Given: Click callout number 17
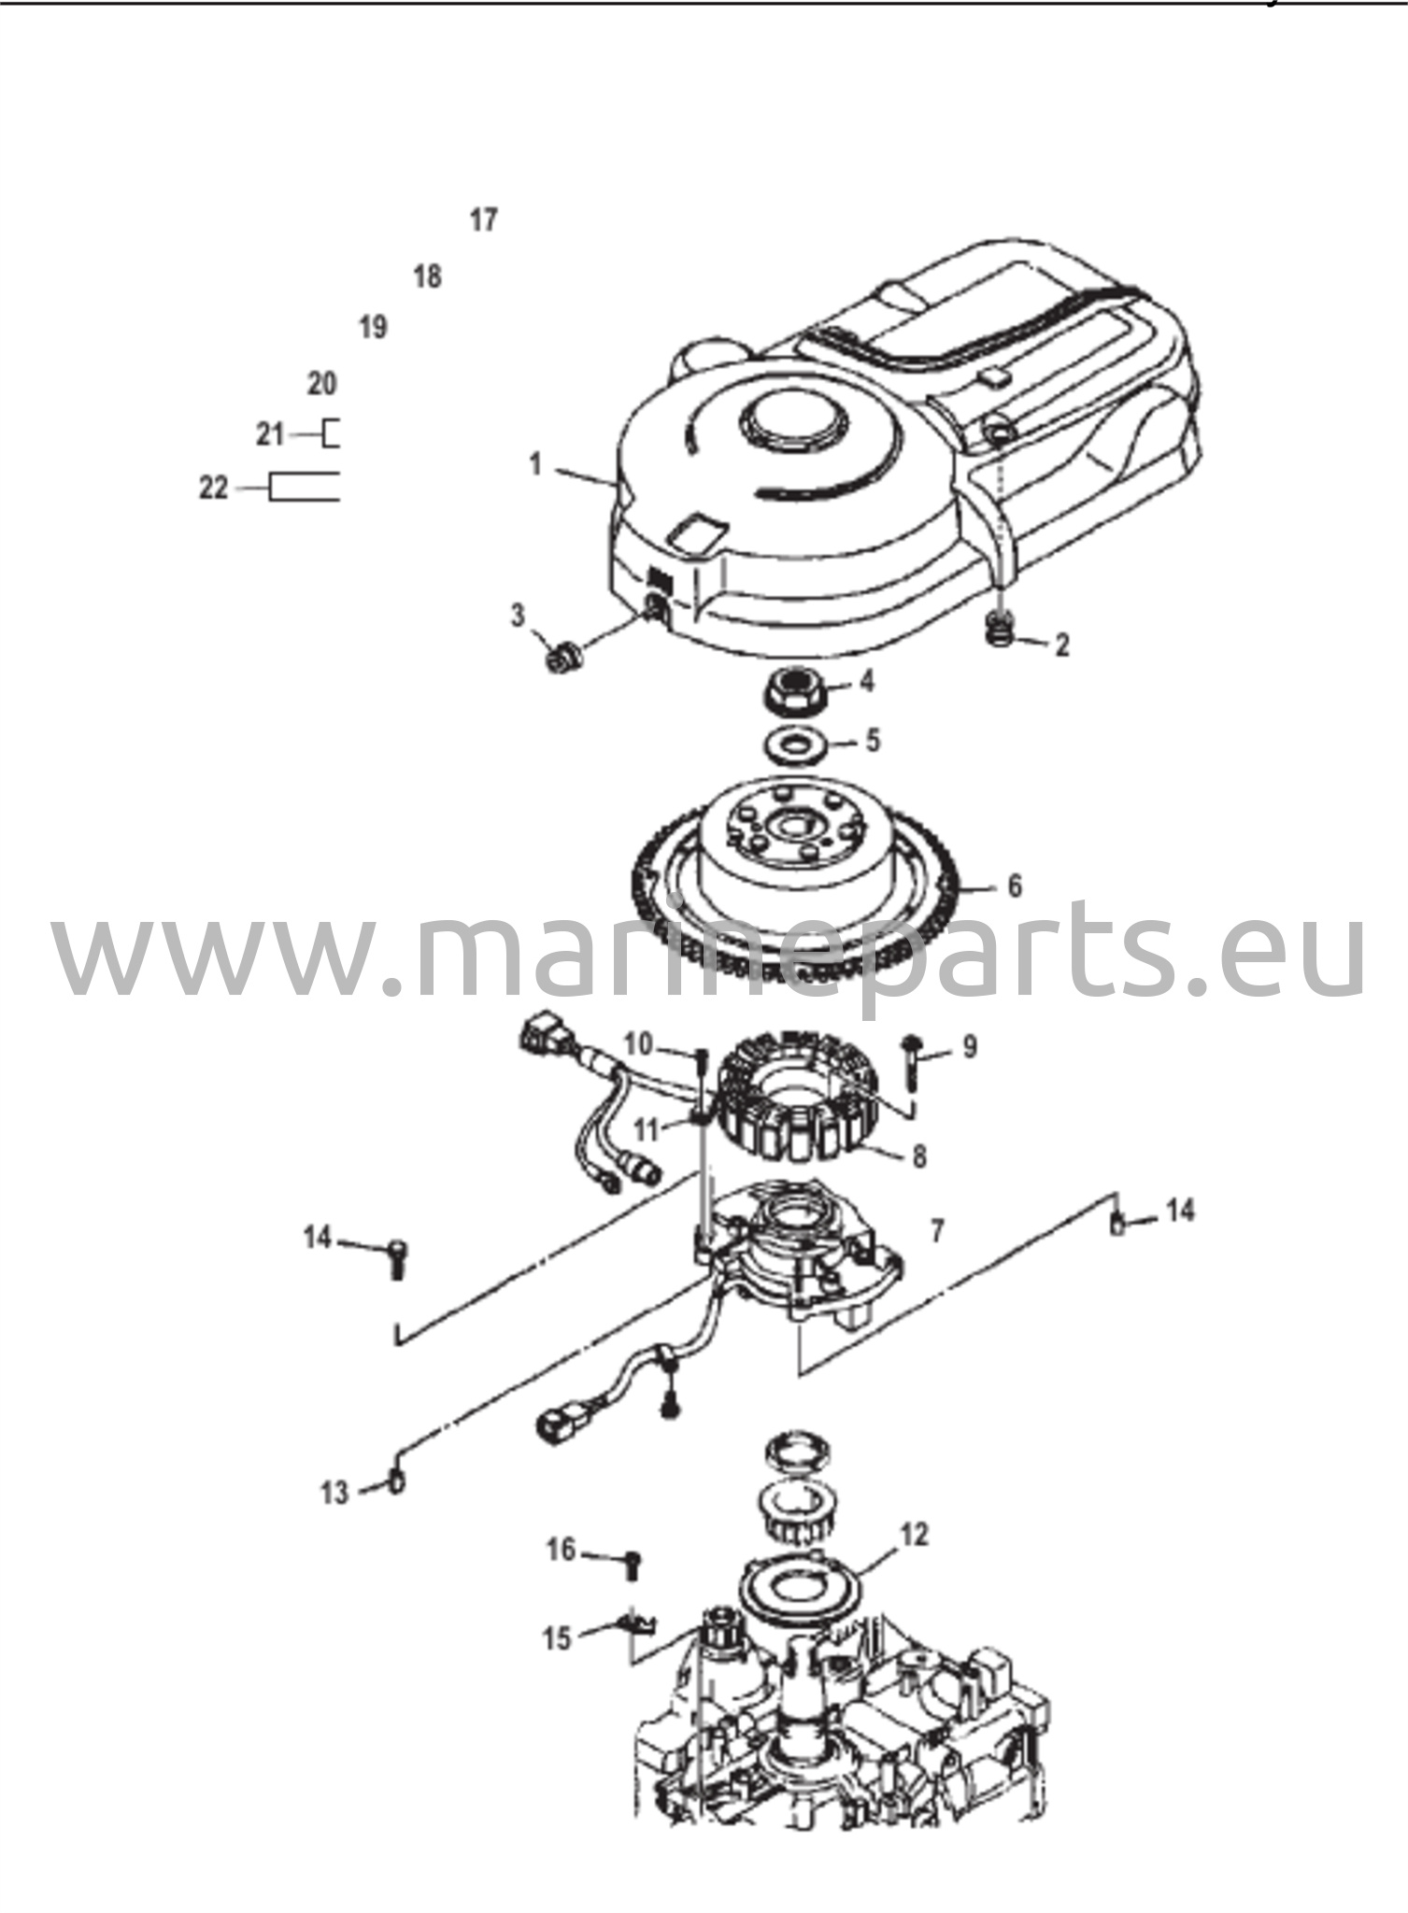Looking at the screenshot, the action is point(483,220).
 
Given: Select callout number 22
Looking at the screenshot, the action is point(213,488).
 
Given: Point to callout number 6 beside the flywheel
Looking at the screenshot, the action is point(1016,886).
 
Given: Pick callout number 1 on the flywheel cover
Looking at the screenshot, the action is point(535,464).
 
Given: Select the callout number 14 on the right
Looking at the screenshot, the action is point(1181,1211).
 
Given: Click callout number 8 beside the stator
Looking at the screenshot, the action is point(919,1156).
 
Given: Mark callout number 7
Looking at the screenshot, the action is point(938,1231).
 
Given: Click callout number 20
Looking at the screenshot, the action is point(322,383).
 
